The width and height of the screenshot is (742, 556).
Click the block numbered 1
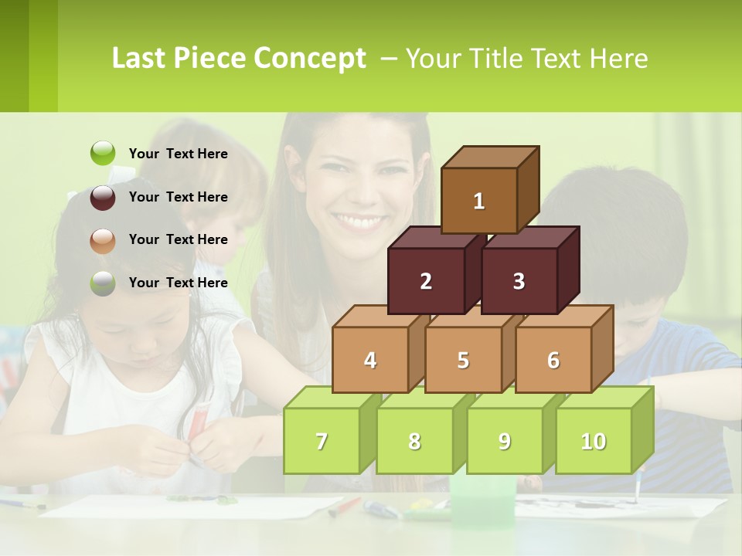click(x=479, y=201)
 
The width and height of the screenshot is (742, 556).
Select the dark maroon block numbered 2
click(x=426, y=281)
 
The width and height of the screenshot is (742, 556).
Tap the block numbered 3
click(x=519, y=281)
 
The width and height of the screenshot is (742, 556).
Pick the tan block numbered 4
click(x=370, y=360)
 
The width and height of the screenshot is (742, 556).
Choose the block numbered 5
click(x=463, y=360)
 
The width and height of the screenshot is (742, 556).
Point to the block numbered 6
click(x=553, y=360)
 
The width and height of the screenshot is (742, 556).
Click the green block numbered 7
click(x=322, y=441)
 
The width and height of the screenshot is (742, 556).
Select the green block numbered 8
click(x=414, y=441)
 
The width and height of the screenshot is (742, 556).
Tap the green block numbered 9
click(x=505, y=441)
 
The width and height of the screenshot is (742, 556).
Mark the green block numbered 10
click(x=594, y=441)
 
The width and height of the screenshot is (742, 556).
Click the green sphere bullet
click(x=103, y=154)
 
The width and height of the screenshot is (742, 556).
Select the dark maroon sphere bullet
click(x=103, y=197)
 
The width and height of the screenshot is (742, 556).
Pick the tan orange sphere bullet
click(x=103, y=240)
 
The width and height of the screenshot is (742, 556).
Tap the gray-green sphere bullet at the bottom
click(x=103, y=283)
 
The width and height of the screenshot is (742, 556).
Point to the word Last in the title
click(x=141, y=59)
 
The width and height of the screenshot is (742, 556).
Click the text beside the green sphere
click(x=178, y=154)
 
